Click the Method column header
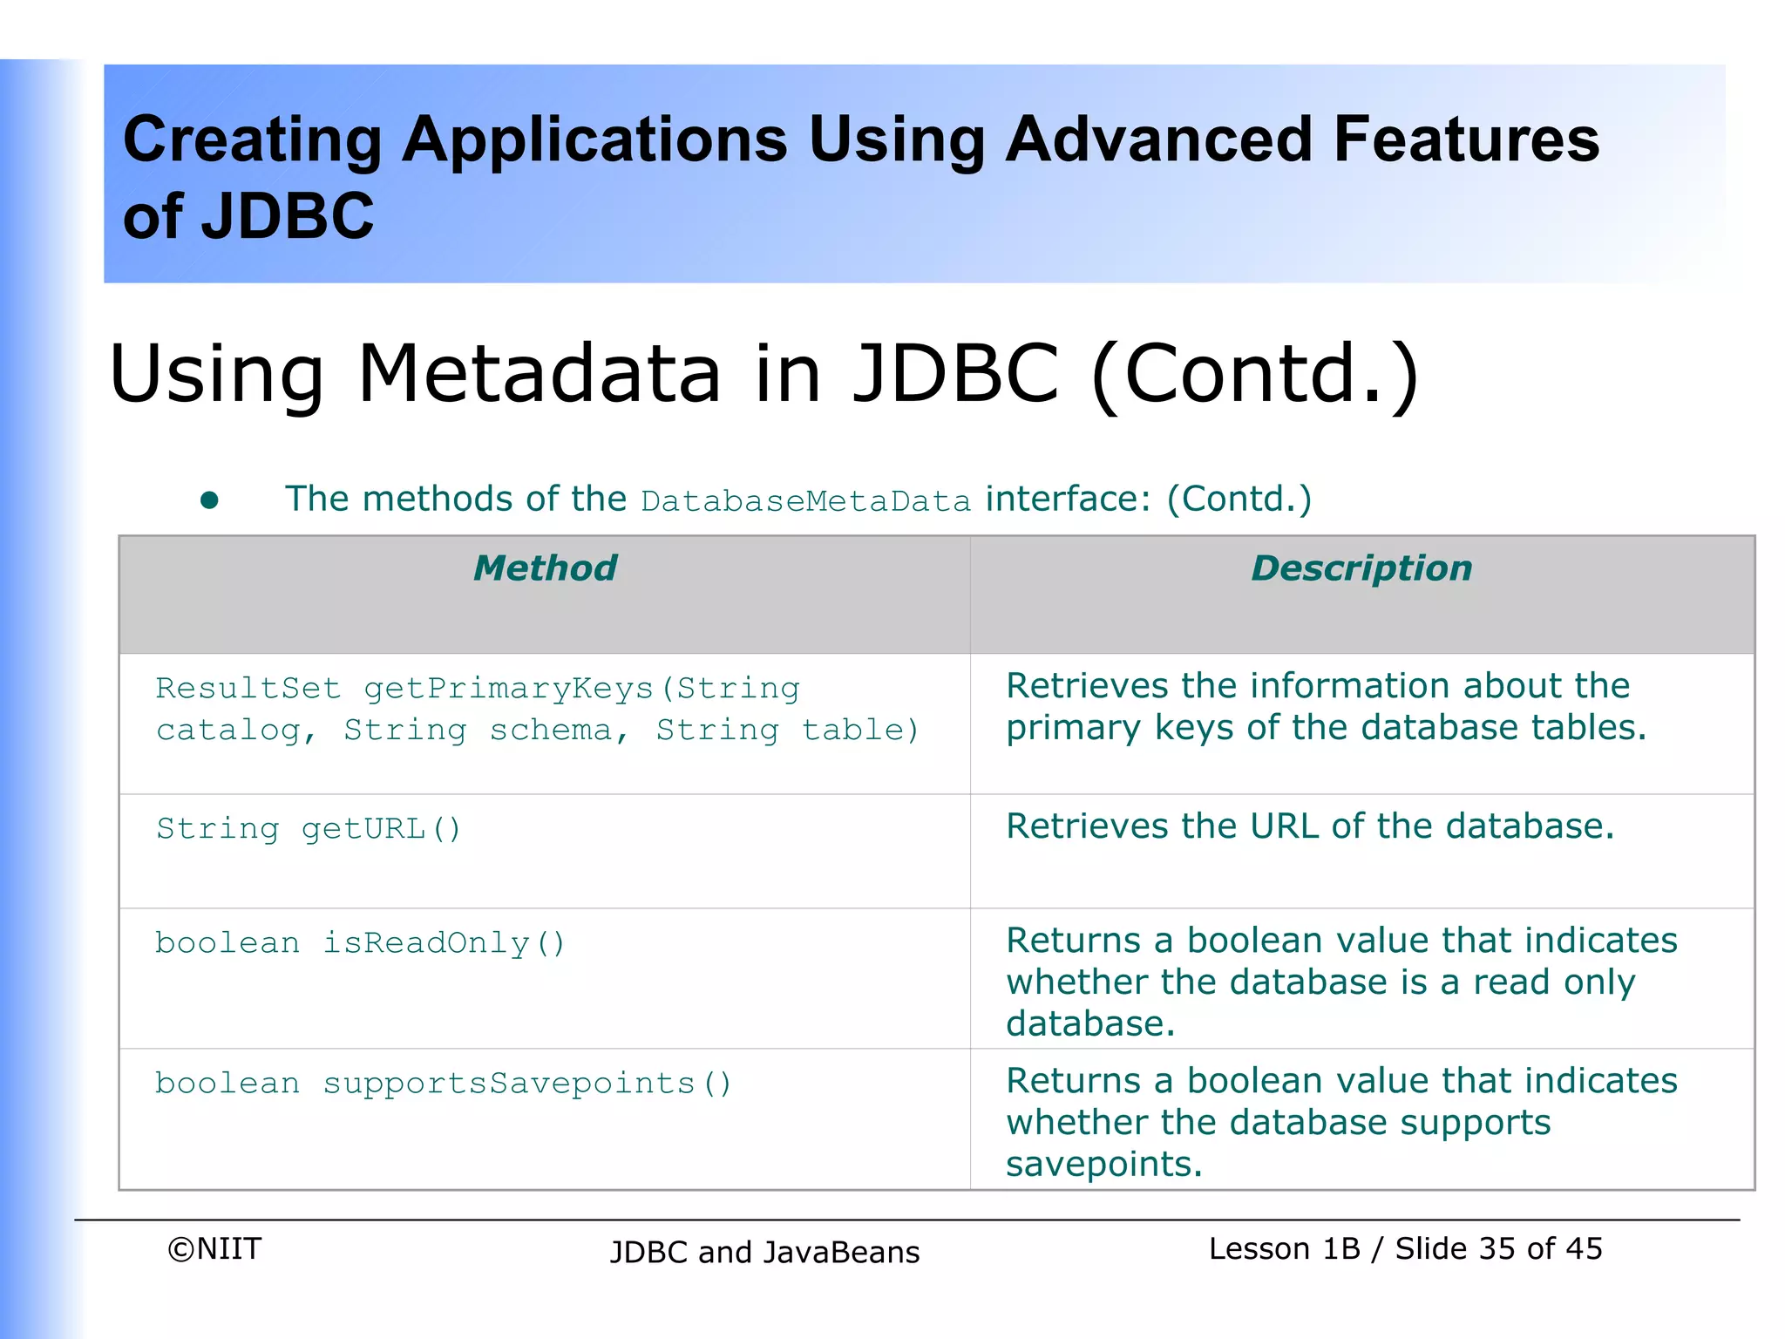coord(545,568)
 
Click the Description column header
coord(1361,568)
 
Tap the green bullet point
coord(209,500)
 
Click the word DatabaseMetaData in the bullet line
coord(805,501)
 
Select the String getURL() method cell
coord(309,828)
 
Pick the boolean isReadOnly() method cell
coord(360,943)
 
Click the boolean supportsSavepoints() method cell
coord(444,1084)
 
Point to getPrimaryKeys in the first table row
coord(508,689)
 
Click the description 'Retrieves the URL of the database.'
coord(1310,826)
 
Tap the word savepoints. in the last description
coord(1103,1165)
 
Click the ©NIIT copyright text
coord(214,1249)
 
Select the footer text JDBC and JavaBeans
coord(764,1253)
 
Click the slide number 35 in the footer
coord(1497,1249)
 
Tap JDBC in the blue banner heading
coord(288,216)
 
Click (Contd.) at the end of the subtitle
coord(1255,375)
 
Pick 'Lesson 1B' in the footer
coord(1284,1249)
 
